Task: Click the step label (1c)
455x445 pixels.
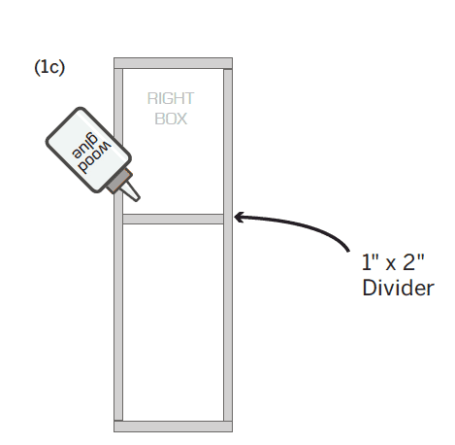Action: [x=49, y=67]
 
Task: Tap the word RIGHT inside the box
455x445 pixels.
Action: [x=171, y=98]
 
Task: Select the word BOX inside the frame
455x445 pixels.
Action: [x=171, y=119]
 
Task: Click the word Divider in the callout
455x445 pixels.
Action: [x=398, y=288]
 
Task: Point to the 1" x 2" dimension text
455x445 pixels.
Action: [x=393, y=262]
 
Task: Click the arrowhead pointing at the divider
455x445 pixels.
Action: [x=239, y=217]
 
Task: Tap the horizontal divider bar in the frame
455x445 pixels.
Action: [x=173, y=219]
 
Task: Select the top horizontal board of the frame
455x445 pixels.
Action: [x=173, y=63]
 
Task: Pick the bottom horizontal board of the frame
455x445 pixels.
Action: [x=173, y=427]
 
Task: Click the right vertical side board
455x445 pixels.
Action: [x=228, y=245]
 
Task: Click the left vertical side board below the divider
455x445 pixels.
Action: [x=118, y=323]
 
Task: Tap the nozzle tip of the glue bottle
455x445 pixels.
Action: [x=138, y=198]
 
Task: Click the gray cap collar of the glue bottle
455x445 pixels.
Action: [x=118, y=182]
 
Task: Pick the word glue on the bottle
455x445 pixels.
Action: [x=84, y=146]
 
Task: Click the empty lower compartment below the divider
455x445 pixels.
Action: [x=173, y=323]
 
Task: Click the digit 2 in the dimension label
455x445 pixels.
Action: [x=409, y=263]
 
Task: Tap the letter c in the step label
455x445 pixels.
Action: [x=55, y=69]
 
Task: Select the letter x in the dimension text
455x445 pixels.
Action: [x=390, y=265]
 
